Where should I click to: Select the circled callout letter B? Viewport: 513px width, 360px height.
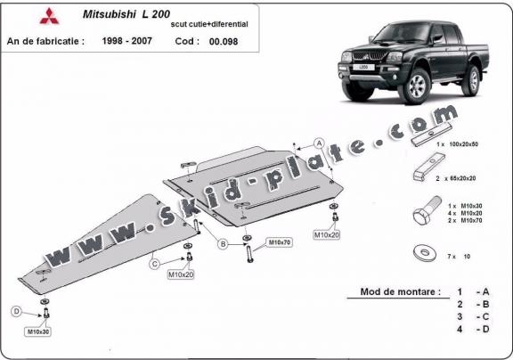(221, 241)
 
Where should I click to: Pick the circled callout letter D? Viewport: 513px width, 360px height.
(16, 311)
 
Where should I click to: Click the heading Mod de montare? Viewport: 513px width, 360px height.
(400, 291)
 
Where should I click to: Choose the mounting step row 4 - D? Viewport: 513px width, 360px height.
(472, 329)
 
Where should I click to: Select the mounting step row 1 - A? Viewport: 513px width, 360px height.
(472, 291)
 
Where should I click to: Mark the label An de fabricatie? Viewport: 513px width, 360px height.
(45, 41)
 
